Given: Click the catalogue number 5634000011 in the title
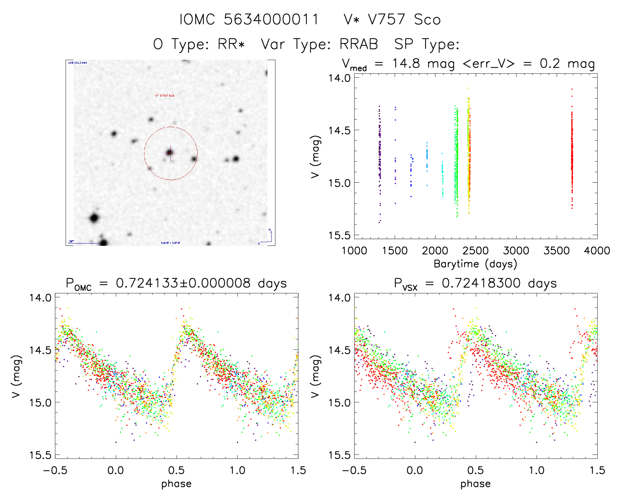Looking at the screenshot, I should point(271,19).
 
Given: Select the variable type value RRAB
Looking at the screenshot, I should point(358,44).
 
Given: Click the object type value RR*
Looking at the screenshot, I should point(231,44).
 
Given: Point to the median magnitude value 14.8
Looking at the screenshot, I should point(406,63).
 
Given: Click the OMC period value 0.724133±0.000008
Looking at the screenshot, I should point(183,283).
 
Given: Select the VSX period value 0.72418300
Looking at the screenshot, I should point(481,283).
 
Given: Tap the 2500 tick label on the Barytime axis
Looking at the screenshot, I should point(476,251).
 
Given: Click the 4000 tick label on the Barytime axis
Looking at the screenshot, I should point(597,251).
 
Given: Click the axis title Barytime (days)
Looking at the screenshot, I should point(475,264).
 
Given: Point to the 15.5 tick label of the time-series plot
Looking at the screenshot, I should point(339,235).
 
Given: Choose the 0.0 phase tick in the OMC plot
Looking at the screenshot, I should point(116,470).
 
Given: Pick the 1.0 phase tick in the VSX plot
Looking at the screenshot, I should point(537,470).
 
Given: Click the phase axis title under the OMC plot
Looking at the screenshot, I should point(176,484).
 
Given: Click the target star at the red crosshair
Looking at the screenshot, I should point(170,152).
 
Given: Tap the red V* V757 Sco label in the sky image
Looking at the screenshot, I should point(165,96).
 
